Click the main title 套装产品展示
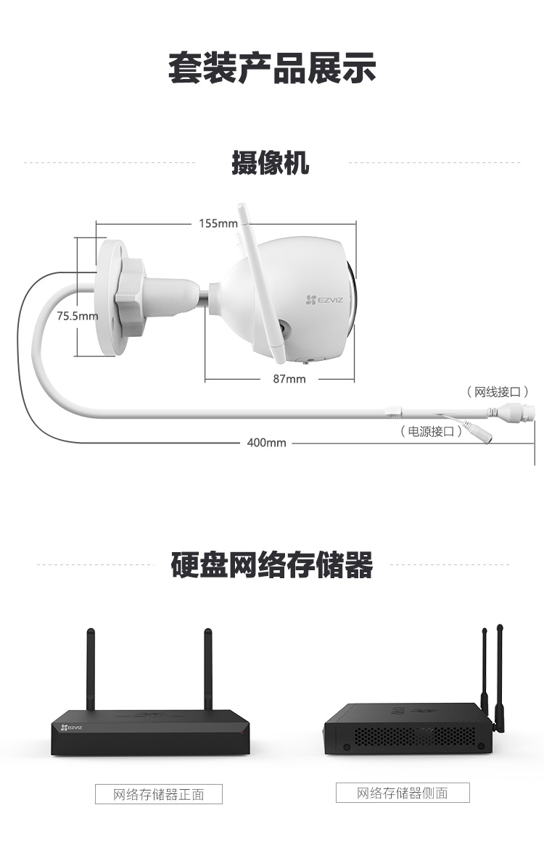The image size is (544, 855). coord(272,68)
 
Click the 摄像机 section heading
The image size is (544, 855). coord(271,162)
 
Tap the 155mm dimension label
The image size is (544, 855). coord(218,223)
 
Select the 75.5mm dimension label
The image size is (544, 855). coord(78,316)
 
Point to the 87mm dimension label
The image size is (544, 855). coord(289,378)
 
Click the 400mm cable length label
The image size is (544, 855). coord(266,443)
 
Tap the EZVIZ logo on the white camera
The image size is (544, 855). coord(325,299)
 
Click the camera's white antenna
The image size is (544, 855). coord(261,283)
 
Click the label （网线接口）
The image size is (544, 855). coord(498,391)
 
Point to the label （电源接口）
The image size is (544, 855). coord(431,432)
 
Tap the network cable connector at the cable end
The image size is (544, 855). coord(519,412)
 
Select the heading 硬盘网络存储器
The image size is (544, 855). coord(272,564)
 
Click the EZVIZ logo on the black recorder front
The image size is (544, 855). coord(71,727)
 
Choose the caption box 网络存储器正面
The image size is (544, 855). coord(159,794)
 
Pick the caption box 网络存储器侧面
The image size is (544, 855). coord(403,793)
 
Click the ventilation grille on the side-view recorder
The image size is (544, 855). coord(415,737)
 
